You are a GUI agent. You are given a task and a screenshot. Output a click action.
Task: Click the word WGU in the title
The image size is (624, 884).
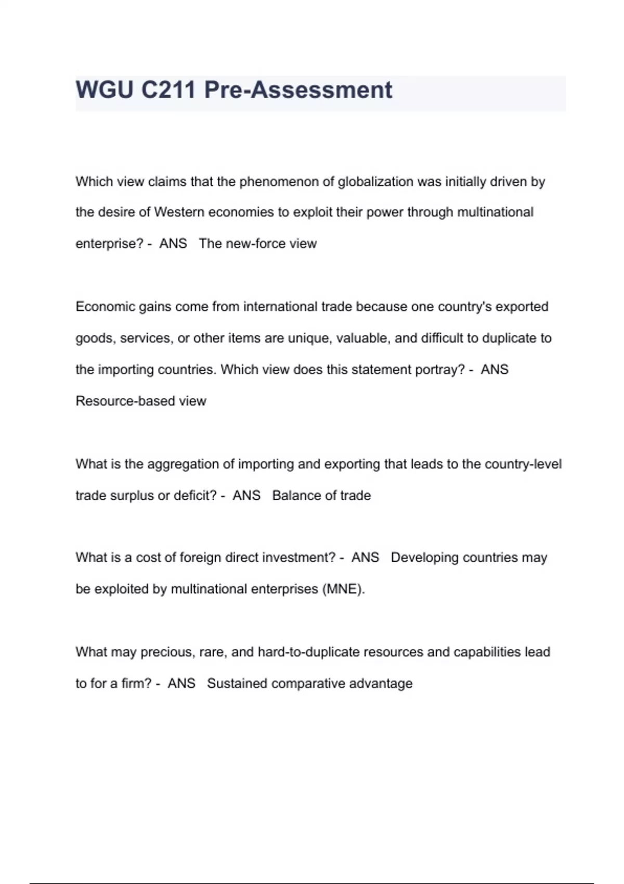[105, 90]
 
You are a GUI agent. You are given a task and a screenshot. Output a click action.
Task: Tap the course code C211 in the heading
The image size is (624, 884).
[168, 90]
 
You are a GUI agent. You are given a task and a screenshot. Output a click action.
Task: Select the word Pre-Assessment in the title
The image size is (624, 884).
[298, 90]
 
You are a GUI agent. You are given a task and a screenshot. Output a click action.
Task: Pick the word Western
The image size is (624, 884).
[178, 213]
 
